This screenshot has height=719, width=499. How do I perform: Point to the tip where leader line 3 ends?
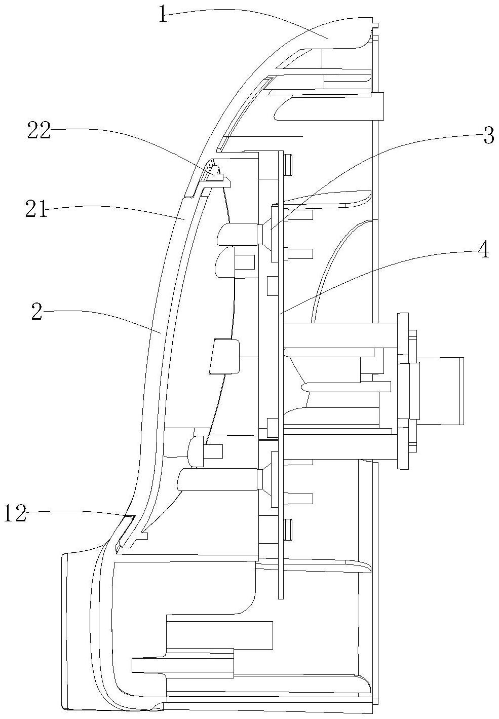click(x=270, y=230)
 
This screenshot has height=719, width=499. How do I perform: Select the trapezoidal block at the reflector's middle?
click(x=224, y=356)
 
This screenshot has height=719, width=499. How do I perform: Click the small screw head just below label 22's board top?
click(x=288, y=165)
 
